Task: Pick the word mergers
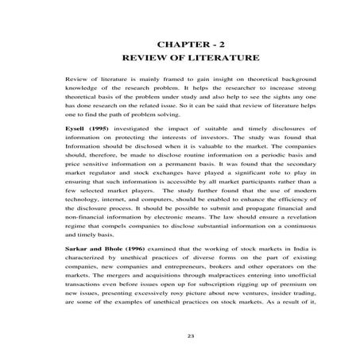pyautogui.click(x=110, y=281)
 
